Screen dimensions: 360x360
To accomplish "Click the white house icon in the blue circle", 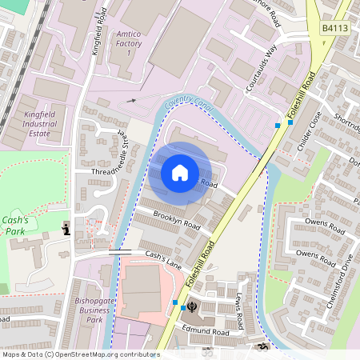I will [180, 172].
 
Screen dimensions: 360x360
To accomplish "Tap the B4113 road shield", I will [335, 28].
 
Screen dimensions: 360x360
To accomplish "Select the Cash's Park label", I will [15, 226].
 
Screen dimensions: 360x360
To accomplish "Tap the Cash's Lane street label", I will [163, 259].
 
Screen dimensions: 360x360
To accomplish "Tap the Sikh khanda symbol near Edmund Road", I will [193, 306].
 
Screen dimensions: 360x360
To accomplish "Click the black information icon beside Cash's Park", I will [67, 230].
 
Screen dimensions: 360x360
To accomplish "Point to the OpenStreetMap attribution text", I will [80, 354].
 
